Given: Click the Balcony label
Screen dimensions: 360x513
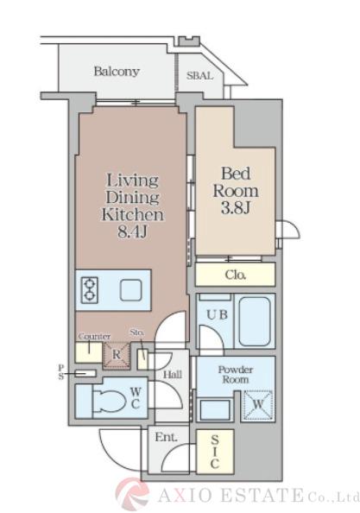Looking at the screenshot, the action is click(117, 72).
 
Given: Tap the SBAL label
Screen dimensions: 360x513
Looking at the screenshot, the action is click(199, 76).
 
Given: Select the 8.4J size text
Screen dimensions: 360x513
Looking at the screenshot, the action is click(133, 232).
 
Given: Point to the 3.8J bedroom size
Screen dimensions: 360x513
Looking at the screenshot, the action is click(236, 207).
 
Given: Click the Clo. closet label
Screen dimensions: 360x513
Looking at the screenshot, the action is click(236, 275).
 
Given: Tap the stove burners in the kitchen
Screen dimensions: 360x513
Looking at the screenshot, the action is click(89, 290).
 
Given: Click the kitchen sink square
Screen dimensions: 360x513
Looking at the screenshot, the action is click(130, 290).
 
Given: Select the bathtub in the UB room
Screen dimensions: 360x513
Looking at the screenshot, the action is click(255, 321).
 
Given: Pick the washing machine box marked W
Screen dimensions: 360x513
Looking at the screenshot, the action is click(258, 405).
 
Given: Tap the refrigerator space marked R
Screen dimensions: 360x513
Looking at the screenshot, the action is click(117, 356).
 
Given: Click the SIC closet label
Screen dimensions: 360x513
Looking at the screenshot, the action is click(215, 452).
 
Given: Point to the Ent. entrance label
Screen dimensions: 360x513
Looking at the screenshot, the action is click(166, 437).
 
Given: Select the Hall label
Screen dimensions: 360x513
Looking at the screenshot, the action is click(173, 375).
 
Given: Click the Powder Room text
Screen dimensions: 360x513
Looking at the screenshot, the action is click(236, 375).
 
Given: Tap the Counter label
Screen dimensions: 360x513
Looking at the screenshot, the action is click(94, 336).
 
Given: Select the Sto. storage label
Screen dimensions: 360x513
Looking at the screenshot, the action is click(137, 332).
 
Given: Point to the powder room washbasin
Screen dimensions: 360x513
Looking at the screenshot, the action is click(214, 409).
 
